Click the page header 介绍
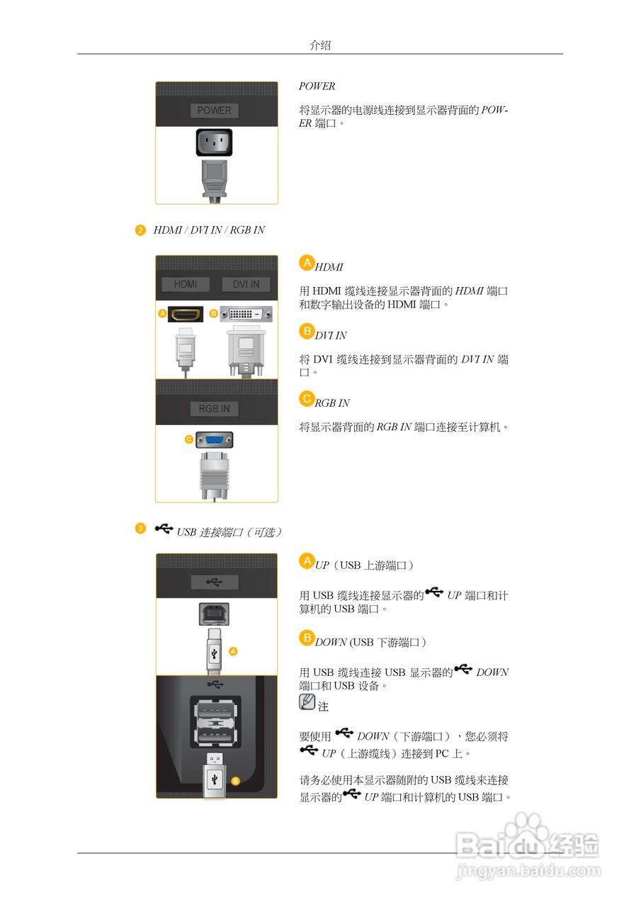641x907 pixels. point(320,45)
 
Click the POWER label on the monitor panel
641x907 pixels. point(215,111)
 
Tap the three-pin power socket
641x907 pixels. point(215,143)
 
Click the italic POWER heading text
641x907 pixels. point(317,86)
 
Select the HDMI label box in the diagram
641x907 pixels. point(186,284)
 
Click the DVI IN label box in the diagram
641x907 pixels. point(246,284)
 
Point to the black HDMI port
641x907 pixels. point(186,313)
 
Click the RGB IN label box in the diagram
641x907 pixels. point(214,409)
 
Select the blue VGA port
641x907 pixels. point(214,439)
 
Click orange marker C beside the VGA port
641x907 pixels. point(189,440)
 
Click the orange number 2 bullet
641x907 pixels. point(140,230)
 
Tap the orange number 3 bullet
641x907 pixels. point(140,529)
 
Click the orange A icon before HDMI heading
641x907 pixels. point(307,263)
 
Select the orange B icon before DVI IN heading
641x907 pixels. point(307,331)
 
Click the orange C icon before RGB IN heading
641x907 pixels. point(307,399)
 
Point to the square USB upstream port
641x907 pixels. point(214,613)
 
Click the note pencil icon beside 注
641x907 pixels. point(307,702)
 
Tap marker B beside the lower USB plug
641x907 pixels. point(236,781)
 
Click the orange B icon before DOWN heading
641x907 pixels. point(307,638)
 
